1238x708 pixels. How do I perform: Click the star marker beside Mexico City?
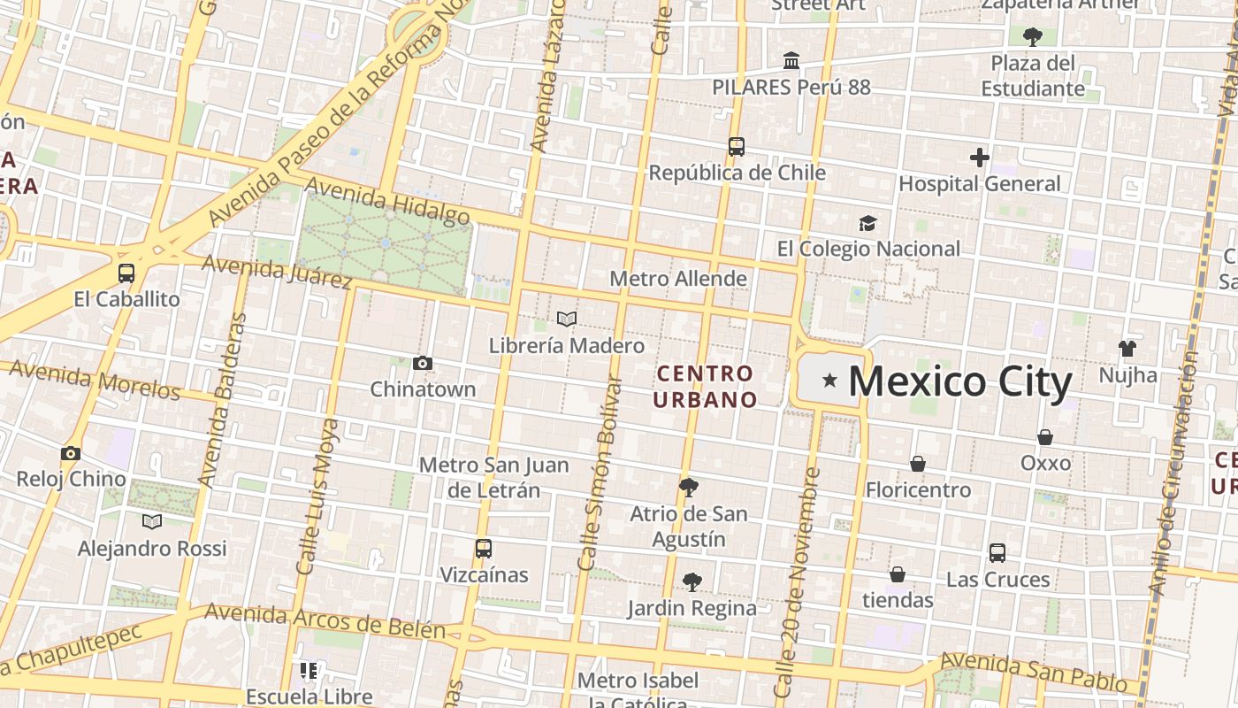[829, 381]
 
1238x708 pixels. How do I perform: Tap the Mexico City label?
[960, 382]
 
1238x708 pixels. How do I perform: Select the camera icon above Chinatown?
[423, 363]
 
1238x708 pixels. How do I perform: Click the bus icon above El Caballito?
[126, 273]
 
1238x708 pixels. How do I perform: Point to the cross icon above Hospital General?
[979, 158]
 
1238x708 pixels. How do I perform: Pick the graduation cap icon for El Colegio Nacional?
[867, 223]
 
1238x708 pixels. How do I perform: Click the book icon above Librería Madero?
[567, 319]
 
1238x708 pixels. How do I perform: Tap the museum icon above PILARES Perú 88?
[791, 61]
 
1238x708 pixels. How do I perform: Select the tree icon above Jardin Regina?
[692, 581]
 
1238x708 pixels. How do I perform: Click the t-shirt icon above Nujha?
[1127, 349]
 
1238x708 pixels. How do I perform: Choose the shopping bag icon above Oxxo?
[1045, 437]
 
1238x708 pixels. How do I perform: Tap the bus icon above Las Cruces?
[997, 553]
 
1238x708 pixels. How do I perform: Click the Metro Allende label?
[678, 279]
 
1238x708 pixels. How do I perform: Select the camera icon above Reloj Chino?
[71, 453]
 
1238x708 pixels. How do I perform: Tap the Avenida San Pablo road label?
[1039, 673]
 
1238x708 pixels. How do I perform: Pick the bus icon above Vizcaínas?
[483, 548]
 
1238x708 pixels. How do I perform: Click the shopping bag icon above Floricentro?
[918, 464]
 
